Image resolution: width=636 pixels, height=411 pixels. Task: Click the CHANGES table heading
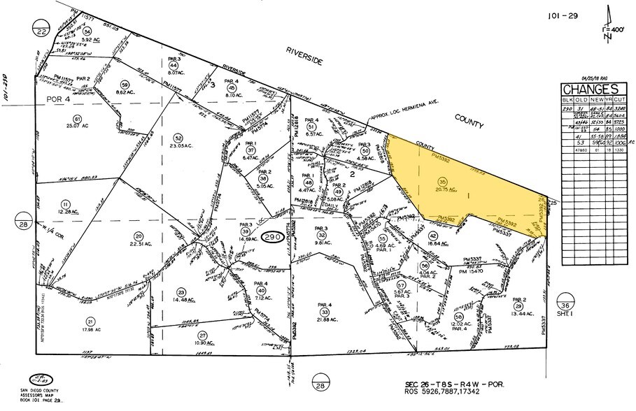[x=589, y=89]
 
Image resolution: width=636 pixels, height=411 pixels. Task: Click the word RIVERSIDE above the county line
[x=304, y=57]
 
